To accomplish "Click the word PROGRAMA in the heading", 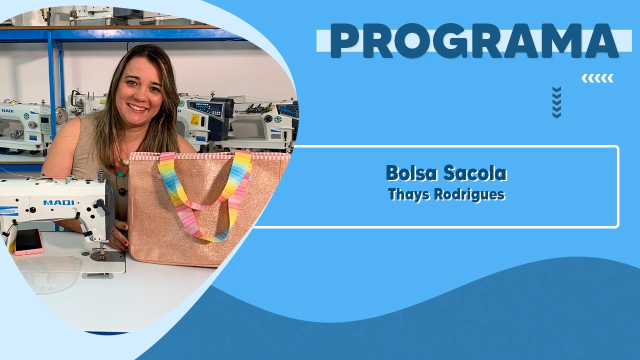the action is (x=474, y=41).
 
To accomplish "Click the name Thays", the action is (x=409, y=194).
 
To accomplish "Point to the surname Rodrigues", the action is (x=469, y=194).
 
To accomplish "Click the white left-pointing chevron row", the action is (x=597, y=78).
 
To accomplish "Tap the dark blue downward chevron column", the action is (x=556, y=102).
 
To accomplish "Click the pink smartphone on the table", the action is (x=28, y=241).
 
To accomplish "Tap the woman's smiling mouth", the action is (x=137, y=107).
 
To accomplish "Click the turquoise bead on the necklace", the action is (x=120, y=174).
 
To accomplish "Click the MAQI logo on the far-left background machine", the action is (x=7, y=110).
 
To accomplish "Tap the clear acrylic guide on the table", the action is (x=50, y=274).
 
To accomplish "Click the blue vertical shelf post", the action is (x=53, y=85).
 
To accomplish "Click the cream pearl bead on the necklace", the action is (x=125, y=162).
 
